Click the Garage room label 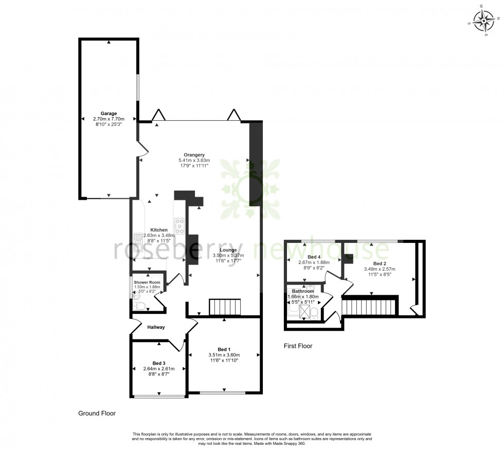[109, 114]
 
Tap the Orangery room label [195, 155]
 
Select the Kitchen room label [159, 230]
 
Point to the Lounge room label [227, 250]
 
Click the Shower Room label [147, 282]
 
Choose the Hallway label [156, 327]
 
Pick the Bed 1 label [224, 349]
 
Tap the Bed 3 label [159, 363]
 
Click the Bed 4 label [314, 257]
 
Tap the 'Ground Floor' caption [97, 413]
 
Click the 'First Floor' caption [298, 346]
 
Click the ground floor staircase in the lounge [225, 307]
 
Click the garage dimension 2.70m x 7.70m [109, 119]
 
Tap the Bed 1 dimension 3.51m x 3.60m [224, 355]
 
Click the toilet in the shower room [139, 307]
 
